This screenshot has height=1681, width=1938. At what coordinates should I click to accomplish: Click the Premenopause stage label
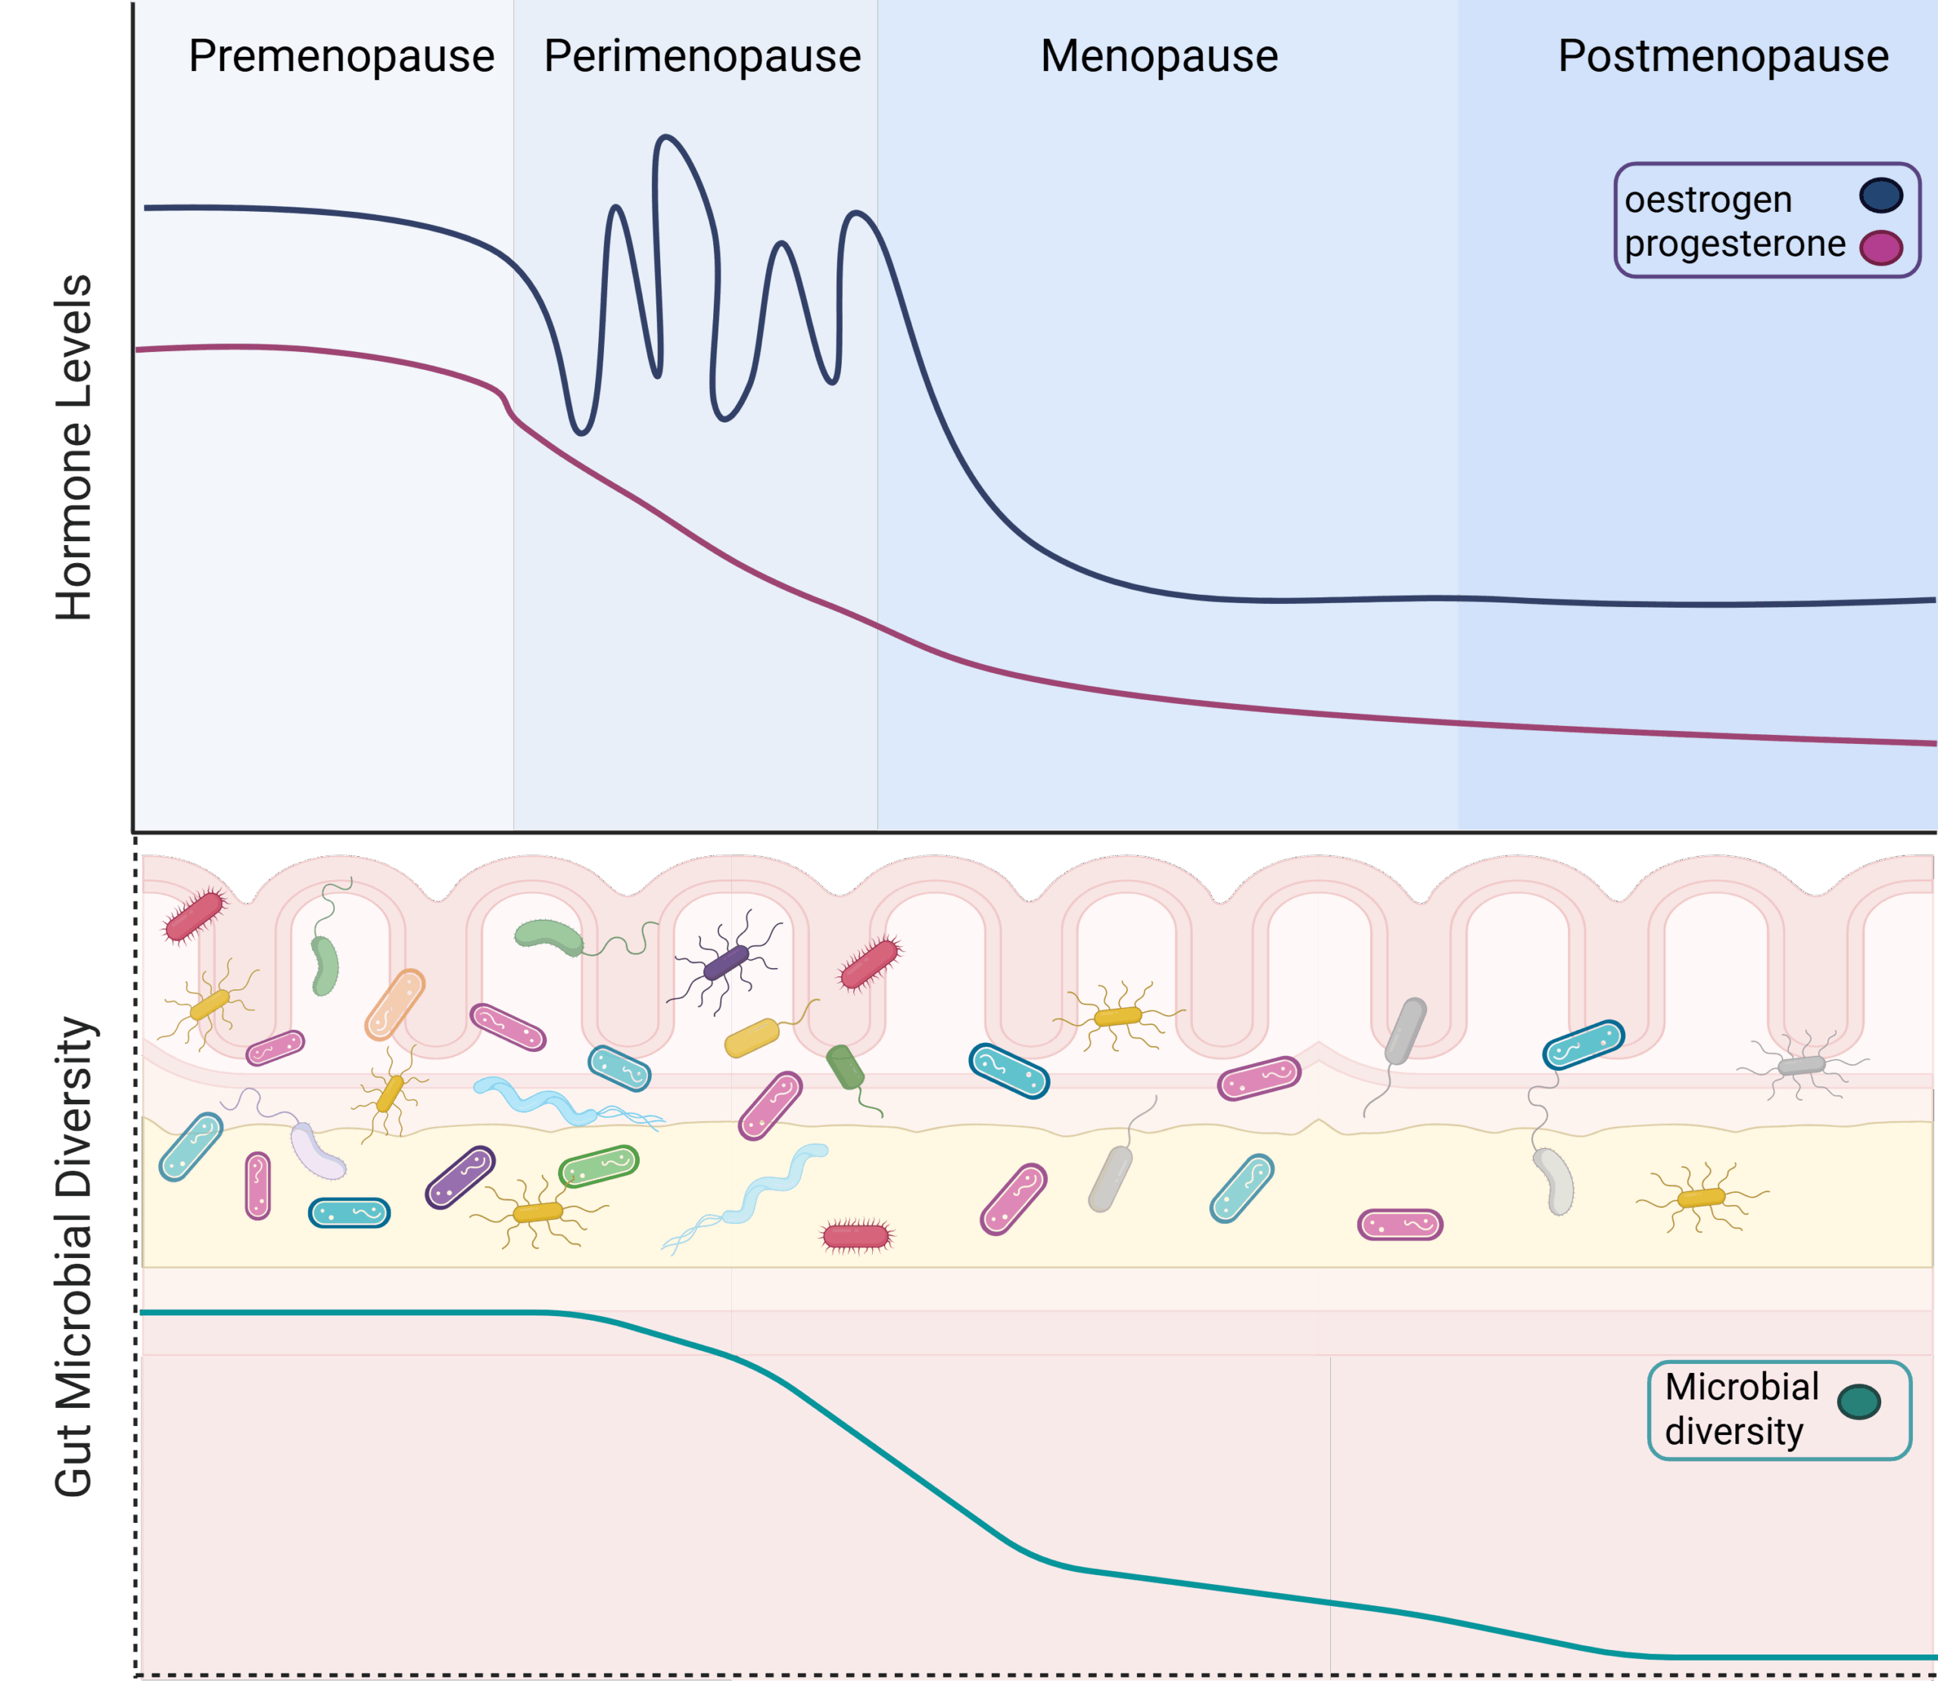(x=341, y=56)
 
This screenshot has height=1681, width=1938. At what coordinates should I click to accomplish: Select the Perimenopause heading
(x=702, y=56)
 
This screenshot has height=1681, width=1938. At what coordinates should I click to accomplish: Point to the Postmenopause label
(x=1723, y=56)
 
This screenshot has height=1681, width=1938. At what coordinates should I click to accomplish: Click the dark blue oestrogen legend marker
(x=1880, y=195)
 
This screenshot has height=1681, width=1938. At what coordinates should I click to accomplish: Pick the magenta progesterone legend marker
(x=1880, y=247)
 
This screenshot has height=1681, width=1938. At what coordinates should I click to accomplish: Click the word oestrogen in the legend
(x=1708, y=200)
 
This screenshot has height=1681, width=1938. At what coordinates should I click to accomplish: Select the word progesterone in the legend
(x=1734, y=244)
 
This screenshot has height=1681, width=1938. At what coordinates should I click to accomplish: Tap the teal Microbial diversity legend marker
(x=1859, y=1402)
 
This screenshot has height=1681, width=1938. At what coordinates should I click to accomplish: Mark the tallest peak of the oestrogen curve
(x=665, y=137)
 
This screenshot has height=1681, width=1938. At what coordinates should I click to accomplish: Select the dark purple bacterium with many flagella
(x=726, y=961)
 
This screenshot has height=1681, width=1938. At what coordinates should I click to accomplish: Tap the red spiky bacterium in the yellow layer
(x=855, y=1237)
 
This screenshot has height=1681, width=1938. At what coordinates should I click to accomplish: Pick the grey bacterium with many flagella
(x=1802, y=1066)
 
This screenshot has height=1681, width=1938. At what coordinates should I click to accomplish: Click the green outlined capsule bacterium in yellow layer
(x=599, y=1166)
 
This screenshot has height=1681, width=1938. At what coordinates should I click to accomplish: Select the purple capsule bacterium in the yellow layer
(x=460, y=1177)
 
